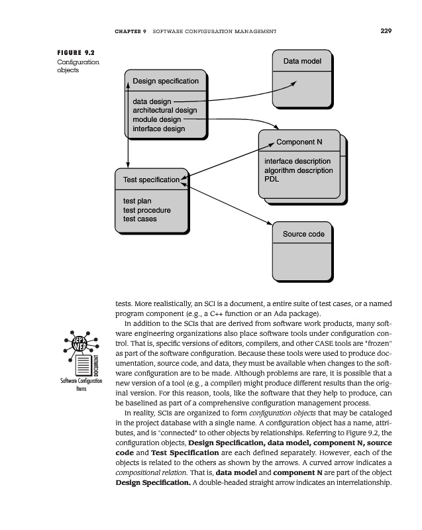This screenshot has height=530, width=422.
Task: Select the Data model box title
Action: coord(302,62)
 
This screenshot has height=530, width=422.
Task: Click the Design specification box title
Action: coord(166,81)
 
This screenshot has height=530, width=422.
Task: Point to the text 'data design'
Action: coord(152,101)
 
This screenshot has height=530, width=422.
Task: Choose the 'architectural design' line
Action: coord(165,111)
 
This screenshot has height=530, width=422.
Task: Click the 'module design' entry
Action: coord(157,120)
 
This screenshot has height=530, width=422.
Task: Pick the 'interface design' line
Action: coord(159,129)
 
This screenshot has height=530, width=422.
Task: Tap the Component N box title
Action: coord(299,142)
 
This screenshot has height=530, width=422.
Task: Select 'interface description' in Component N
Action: coord(297,162)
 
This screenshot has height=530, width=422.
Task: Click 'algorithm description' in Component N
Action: coord(298,170)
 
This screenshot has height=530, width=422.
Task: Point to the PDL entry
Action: coord(272,179)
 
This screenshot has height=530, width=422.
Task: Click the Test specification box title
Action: coord(151,180)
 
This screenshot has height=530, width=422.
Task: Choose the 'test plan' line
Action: coord(137,201)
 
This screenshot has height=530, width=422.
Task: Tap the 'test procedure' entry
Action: coord(146,210)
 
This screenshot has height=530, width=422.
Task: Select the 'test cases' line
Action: coord(140,219)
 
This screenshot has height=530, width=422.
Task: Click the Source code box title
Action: coord(303,234)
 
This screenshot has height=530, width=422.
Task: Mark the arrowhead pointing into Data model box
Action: coord(293,83)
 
